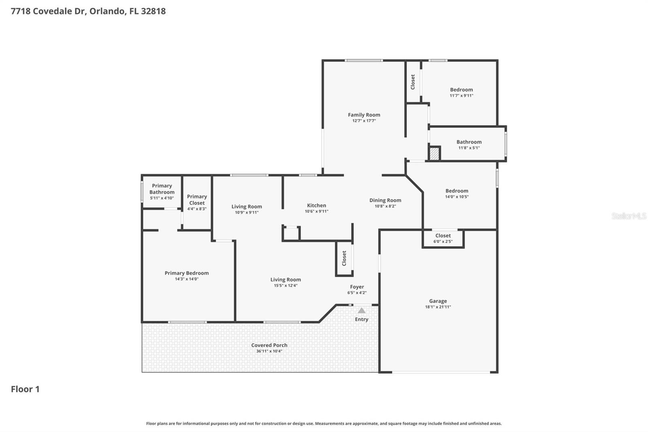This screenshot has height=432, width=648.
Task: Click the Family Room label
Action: pos(364,115)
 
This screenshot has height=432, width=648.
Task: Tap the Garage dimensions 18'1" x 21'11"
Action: pos(438,307)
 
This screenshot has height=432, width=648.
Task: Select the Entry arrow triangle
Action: pos(362,311)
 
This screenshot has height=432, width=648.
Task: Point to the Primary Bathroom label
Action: pos(162,189)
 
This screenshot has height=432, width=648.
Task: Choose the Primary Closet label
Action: pos(197,200)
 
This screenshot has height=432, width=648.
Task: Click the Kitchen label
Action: pos(316,205)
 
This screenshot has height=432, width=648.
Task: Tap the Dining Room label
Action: pos(385,200)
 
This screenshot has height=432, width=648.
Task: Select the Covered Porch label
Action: pos(269,345)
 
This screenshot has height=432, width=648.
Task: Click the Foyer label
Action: pos(357,287)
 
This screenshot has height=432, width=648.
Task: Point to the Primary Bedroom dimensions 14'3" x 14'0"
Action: pos(186,279)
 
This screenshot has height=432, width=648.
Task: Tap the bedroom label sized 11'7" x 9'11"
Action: pos(461,90)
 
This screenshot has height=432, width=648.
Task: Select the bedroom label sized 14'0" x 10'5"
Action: pos(457,191)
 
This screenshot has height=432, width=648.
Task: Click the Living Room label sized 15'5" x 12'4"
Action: pos(286,280)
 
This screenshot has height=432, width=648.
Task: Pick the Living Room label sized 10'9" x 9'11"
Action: pos(247,207)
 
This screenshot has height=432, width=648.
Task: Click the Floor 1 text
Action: pos(25,389)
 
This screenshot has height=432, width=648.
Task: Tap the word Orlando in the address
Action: pos(107,11)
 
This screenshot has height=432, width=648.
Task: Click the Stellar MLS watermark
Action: pos(629,216)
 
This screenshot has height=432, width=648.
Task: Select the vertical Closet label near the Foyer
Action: pos(344,258)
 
